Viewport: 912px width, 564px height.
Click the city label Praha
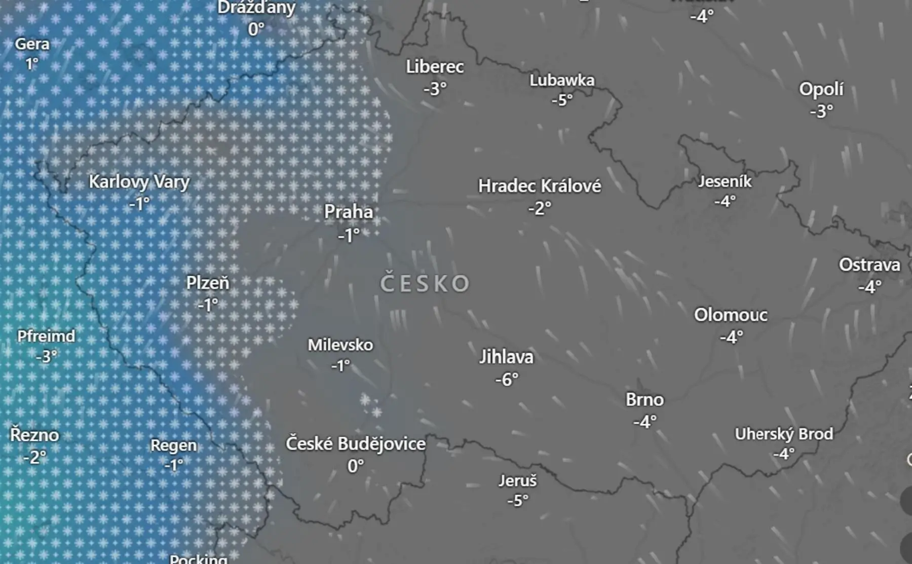pyautogui.click(x=349, y=212)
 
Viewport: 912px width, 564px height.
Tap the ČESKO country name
pyautogui.click(x=425, y=283)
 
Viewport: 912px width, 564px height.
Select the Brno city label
pyautogui.click(x=644, y=400)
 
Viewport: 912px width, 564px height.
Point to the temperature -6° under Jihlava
pyautogui.click(x=507, y=379)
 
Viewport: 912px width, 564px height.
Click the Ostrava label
pyautogui.click(x=869, y=265)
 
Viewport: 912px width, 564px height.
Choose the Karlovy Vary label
pyautogui.click(x=139, y=182)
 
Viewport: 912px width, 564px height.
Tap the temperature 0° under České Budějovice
pyautogui.click(x=356, y=466)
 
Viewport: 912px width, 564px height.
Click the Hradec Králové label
pyautogui.click(x=540, y=186)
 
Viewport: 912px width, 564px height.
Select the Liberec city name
pyautogui.click(x=435, y=67)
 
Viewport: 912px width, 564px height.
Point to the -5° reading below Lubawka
pyautogui.click(x=562, y=100)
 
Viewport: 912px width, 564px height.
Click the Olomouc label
pyautogui.click(x=731, y=315)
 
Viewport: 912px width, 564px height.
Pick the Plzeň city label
pyautogui.click(x=208, y=283)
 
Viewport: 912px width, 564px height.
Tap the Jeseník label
pyautogui.click(x=725, y=181)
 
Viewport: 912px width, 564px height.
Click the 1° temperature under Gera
pyautogui.click(x=32, y=64)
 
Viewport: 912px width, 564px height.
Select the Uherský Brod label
pyautogui.click(x=784, y=434)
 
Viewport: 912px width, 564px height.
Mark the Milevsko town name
pyautogui.click(x=340, y=345)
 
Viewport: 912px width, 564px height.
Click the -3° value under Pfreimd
pyautogui.click(x=46, y=357)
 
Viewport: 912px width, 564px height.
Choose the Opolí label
pyautogui.click(x=821, y=89)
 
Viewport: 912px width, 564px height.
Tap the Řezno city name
pyautogui.click(x=34, y=435)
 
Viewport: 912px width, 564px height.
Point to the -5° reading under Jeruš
pyautogui.click(x=518, y=501)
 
